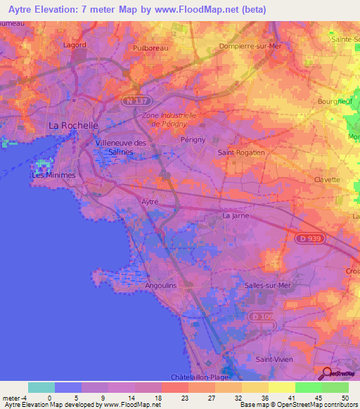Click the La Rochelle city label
pyautogui.click(x=72, y=125)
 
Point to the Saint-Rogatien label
pyautogui.click(x=241, y=152)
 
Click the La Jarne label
pyautogui.click(x=236, y=216)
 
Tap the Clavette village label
pyautogui.click(x=327, y=179)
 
